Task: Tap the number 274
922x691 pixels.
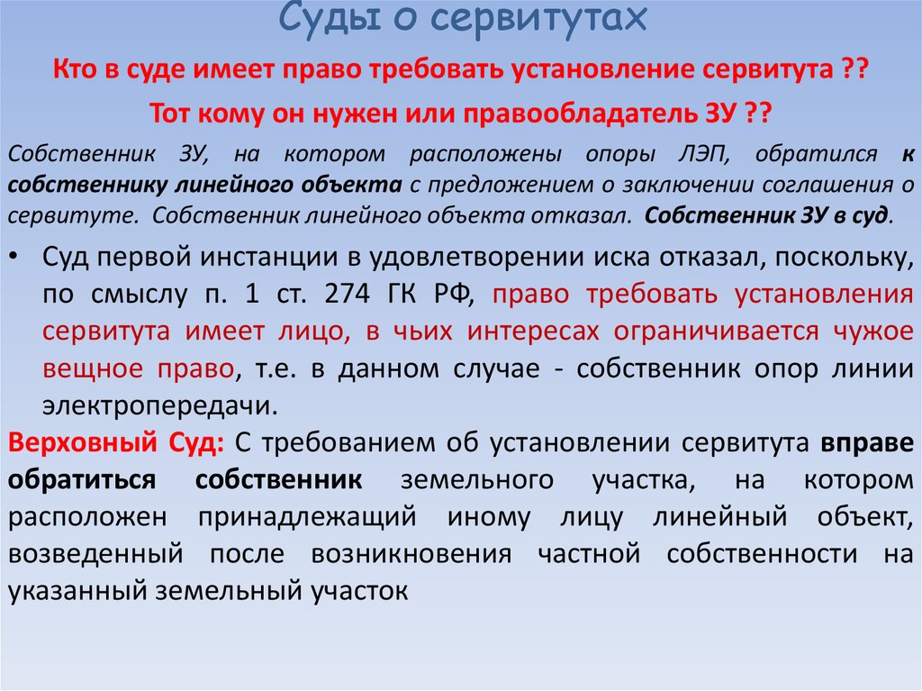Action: (347, 293)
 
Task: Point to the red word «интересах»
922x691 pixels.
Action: (533, 332)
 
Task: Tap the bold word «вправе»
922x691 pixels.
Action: (867, 443)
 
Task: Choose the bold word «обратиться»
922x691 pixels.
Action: (82, 480)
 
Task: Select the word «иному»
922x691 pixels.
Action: (489, 518)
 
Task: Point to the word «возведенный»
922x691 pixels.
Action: (95, 554)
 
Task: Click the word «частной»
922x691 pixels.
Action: (589, 554)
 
